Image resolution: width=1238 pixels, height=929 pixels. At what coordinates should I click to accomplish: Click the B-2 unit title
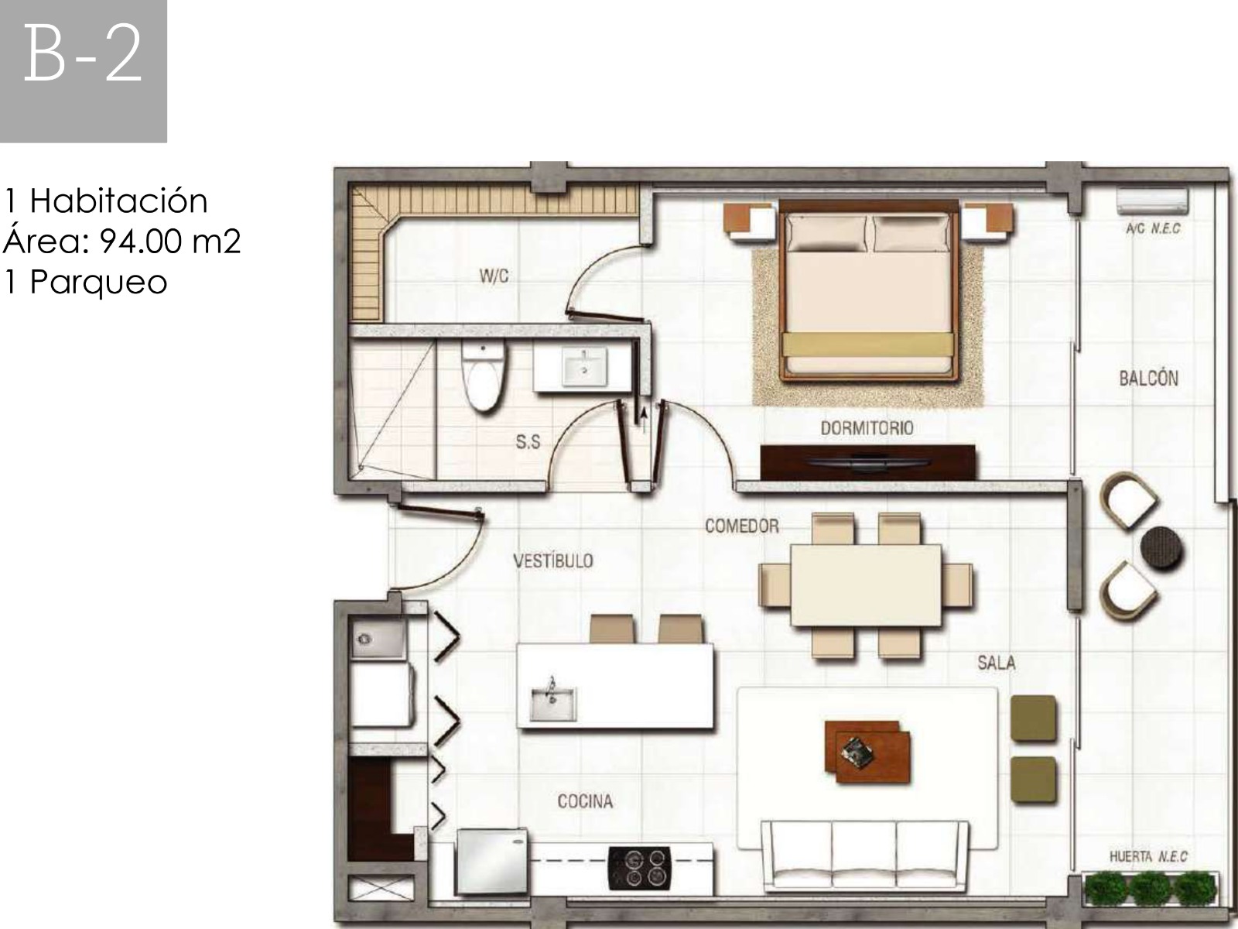83,56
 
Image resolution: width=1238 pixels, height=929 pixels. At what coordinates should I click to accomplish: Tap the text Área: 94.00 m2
121,242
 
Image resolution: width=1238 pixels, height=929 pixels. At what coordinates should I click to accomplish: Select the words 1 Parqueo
87,282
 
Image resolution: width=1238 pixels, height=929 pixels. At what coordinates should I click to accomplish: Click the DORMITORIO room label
867,428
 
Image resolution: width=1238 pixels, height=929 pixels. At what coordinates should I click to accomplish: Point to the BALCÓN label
1149,378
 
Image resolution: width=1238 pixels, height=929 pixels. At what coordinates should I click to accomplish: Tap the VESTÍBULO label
553,560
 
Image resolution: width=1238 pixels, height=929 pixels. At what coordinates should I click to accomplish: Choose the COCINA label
585,801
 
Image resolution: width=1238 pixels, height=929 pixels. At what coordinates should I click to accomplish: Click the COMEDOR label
742,526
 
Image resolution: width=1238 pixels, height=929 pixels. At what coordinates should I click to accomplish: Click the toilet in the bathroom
482,377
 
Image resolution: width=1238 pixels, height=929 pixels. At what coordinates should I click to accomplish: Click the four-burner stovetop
640,868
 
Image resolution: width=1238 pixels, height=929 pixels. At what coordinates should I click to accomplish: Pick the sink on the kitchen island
552,703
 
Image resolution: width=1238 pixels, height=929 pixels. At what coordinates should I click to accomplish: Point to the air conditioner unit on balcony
1154,201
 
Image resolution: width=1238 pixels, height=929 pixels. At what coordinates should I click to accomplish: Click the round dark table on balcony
1162,547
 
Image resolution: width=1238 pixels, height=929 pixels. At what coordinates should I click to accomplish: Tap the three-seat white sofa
864,857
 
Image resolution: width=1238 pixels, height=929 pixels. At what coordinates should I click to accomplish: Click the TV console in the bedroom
867,462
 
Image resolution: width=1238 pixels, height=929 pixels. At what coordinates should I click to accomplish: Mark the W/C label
494,276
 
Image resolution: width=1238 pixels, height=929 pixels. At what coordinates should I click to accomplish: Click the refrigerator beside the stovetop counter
492,862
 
